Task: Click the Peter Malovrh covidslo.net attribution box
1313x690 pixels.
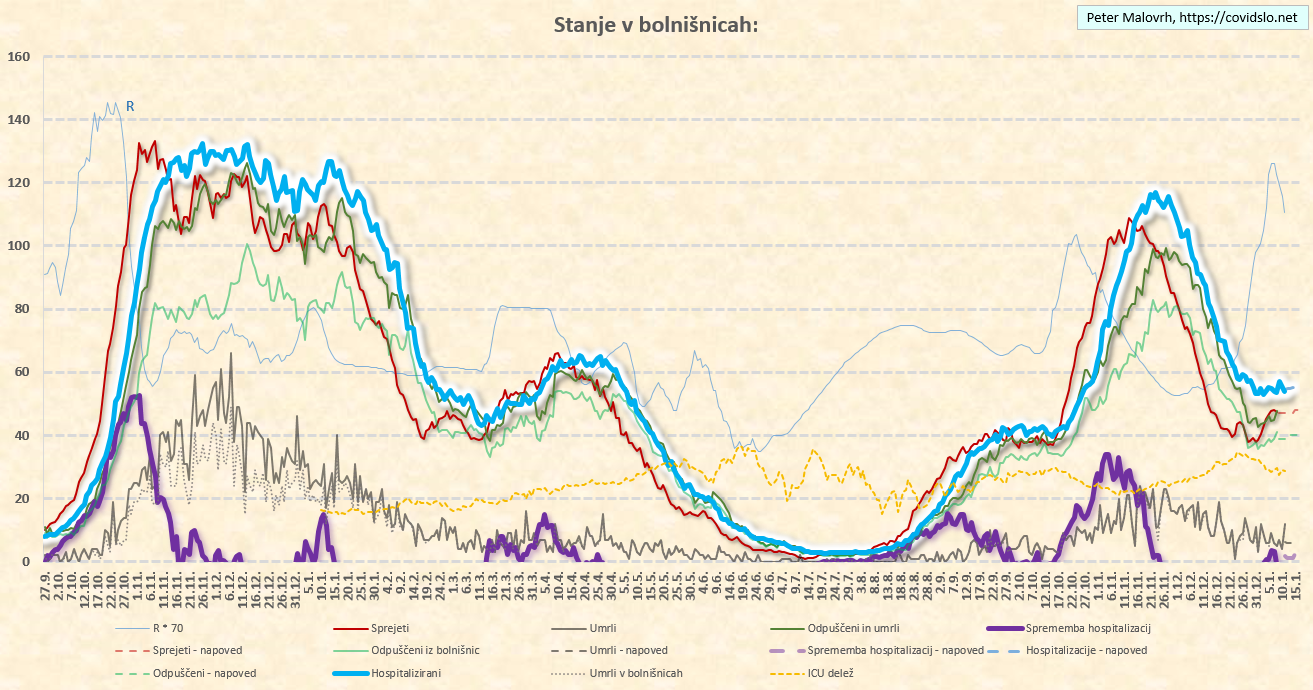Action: (x=1191, y=17)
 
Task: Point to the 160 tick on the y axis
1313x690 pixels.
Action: (x=19, y=57)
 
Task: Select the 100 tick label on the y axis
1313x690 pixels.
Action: (x=19, y=246)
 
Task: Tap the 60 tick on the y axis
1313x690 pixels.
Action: (x=23, y=372)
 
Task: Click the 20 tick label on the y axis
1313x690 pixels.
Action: (x=23, y=498)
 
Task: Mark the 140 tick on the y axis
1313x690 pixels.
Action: (x=19, y=120)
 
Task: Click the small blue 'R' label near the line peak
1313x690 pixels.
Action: (x=130, y=105)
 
